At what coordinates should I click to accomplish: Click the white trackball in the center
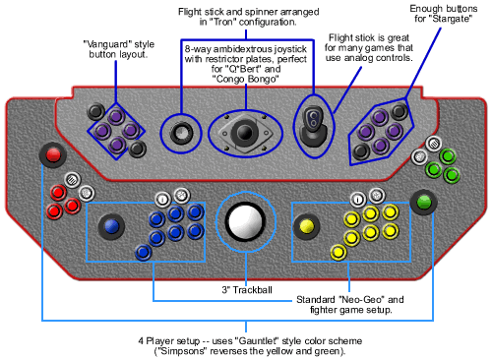point(246,222)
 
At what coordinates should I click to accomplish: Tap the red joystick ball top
point(53,154)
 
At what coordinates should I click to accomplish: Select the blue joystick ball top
point(111,226)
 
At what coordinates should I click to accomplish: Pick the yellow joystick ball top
point(306,226)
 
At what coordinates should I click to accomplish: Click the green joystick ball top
point(423,202)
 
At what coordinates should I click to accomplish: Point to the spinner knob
point(181,133)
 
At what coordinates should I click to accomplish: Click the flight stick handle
point(314,119)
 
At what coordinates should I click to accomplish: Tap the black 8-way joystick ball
point(245,133)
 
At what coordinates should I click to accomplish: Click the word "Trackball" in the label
point(253,290)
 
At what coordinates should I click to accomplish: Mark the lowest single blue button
point(144,253)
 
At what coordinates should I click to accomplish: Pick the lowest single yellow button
point(338,253)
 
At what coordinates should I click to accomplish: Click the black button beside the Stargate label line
point(400,111)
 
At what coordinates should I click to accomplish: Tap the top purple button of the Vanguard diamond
point(116,116)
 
